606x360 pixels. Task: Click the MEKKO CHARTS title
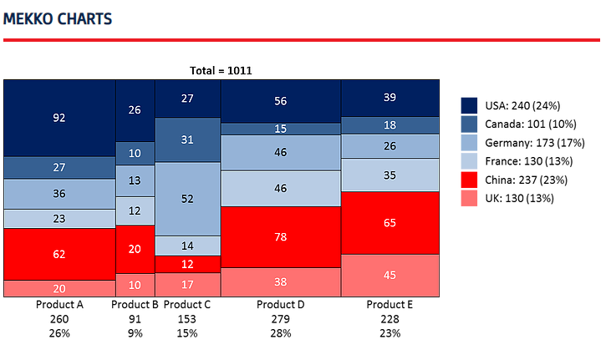click(x=58, y=18)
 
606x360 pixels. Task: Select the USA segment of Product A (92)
click(x=59, y=118)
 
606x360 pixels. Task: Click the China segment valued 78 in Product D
click(x=281, y=237)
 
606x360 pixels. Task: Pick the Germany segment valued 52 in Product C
click(x=188, y=199)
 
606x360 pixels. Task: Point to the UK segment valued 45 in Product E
click(x=390, y=275)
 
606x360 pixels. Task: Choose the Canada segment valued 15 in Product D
click(x=281, y=129)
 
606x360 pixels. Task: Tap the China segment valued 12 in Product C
click(x=188, y=264)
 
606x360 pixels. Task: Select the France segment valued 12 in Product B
click(x=135, y=211)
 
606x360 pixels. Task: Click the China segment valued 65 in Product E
click(x=390, y=223)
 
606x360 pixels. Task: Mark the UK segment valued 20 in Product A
click(x=59, y=288)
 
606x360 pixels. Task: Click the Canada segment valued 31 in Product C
click(x=188, y=139)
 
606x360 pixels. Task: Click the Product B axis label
click(x=135, y=305)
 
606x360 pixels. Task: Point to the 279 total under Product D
click(x=281, y=319)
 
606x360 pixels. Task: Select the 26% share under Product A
click(x=59, y=333)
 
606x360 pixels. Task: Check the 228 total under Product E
click(x=390, y=319)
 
